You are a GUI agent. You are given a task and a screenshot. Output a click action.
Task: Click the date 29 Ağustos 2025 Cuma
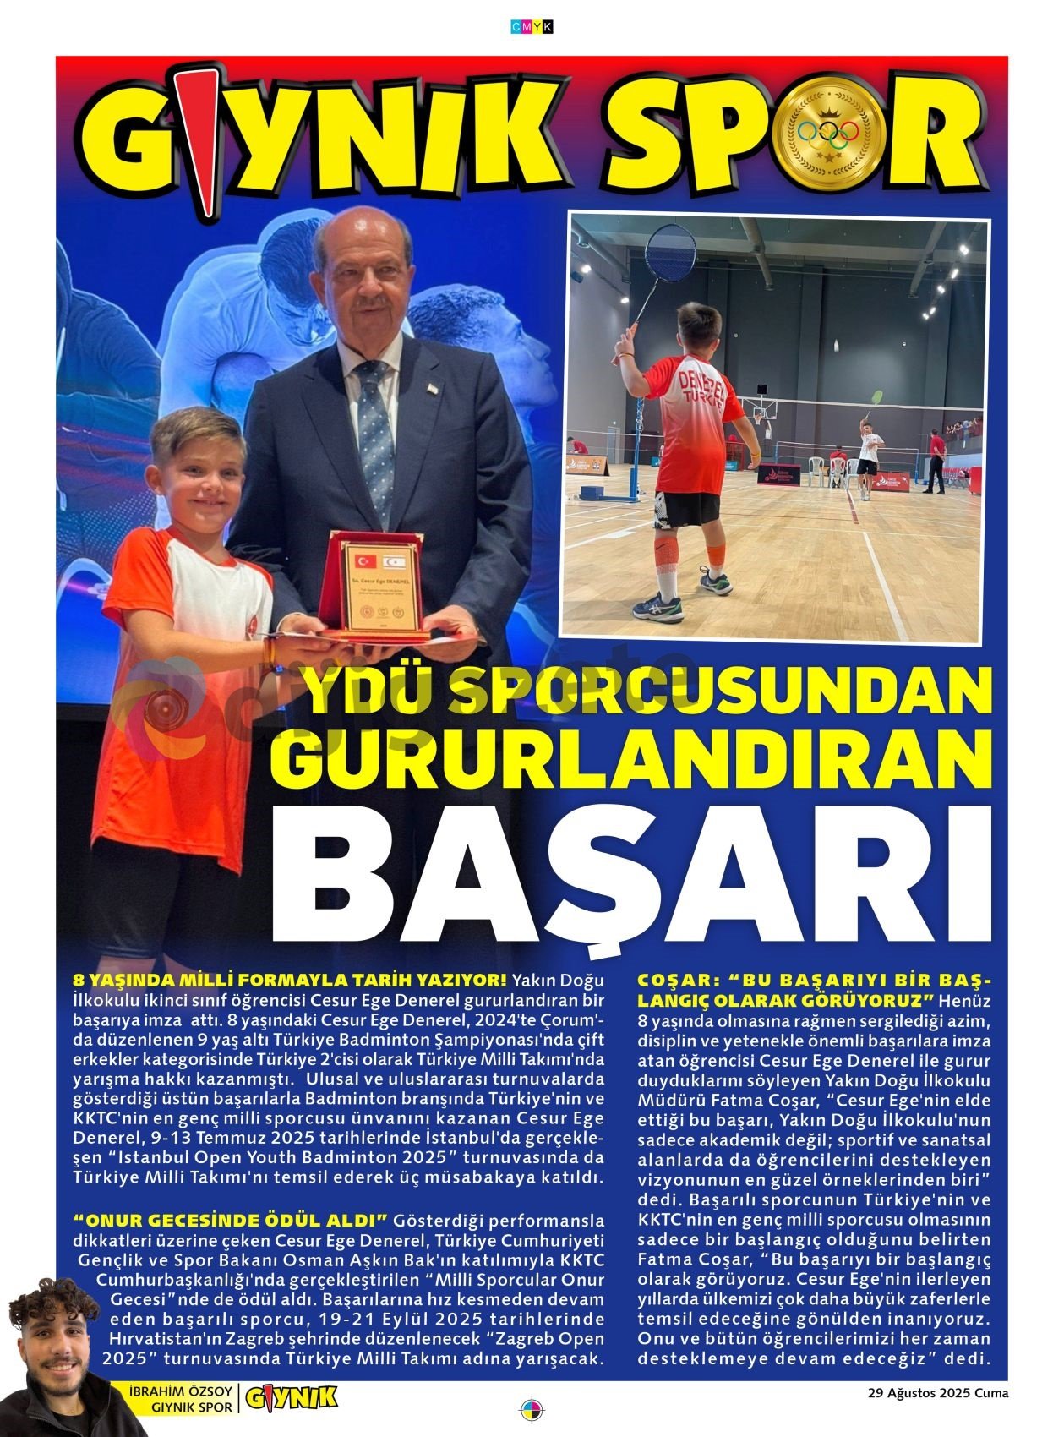click(938, 1393)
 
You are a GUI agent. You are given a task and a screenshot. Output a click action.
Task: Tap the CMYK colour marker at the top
click(532, 27)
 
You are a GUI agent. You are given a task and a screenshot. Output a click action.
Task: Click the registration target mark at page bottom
click(532, 1411)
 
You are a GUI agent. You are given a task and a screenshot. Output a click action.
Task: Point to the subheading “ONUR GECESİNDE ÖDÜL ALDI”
click(231, 1221)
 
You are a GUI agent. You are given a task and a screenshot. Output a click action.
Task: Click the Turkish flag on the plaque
click(364, 560)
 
